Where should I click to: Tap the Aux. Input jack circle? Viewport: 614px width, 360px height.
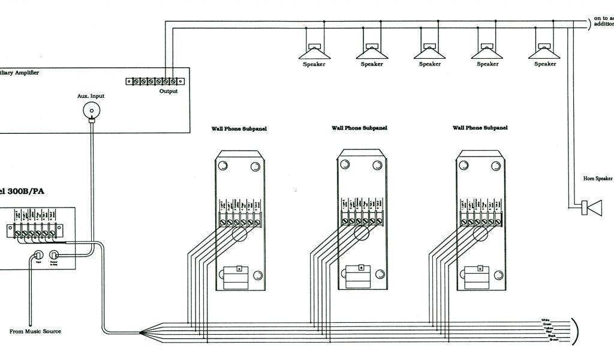(x=92, y=110)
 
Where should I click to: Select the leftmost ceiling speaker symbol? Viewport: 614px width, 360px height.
(x=314, y=50)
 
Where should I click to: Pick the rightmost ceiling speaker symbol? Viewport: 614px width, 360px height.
(x=545, y=50)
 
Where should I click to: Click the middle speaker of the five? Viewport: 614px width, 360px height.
(x=429, y=50)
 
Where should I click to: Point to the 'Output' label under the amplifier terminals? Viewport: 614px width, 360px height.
(x=168, y=91)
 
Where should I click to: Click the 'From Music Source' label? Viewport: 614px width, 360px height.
(x=35, y=331)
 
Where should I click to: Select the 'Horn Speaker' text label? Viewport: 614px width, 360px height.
(x=598, y=178)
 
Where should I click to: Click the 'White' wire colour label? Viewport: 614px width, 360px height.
(x=545, y=320)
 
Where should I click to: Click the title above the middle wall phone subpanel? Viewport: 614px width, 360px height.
(x=359, y=128)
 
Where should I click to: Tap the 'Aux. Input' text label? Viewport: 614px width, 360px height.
(x=91, y=96)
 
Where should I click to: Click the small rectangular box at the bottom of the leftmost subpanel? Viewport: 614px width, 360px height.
(x=239, y=277)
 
